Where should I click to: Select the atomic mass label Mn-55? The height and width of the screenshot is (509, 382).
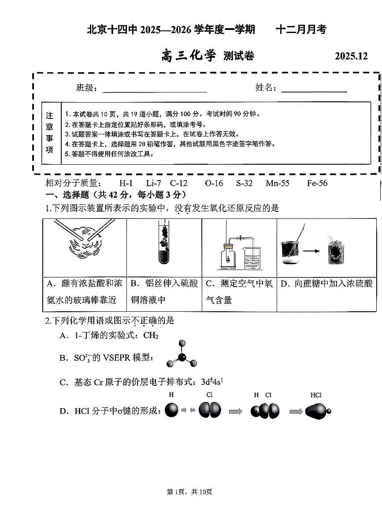coord(278,183)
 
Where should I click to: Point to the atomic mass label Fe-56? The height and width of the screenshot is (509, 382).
coord(317,183)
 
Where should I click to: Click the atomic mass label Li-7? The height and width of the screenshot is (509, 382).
coord(153,183)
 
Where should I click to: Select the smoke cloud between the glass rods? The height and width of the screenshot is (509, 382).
coord(84,242)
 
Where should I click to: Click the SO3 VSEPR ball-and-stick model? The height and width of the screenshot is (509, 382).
coord(181,356)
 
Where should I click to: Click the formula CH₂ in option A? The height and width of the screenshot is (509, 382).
coord(151,336)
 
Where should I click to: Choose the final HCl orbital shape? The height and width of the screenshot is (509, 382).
coord(316,411)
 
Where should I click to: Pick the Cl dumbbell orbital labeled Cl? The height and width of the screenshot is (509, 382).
coord(209,411)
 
